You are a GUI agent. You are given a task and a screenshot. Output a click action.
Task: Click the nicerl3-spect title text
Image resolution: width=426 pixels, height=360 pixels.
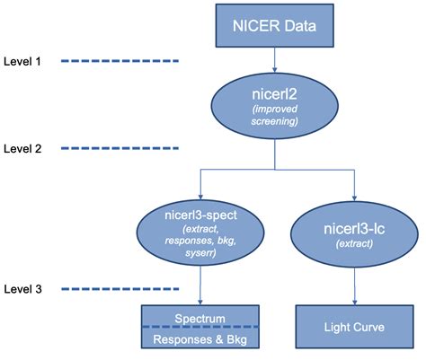pos(200,215)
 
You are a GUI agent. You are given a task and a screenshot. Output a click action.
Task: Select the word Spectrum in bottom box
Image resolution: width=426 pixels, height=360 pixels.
pos(200,318)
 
